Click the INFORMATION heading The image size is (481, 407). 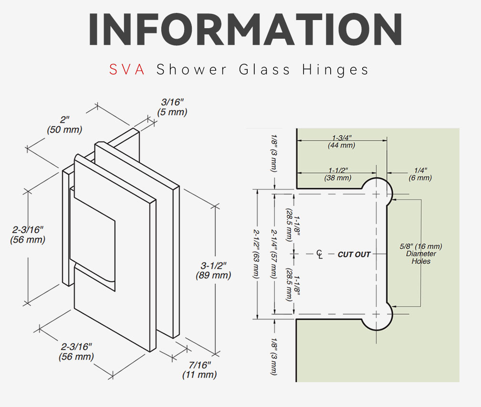coord(245,30)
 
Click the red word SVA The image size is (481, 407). coord(127,69)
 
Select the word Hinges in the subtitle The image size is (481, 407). coord(335,70)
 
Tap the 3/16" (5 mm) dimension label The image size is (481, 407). coord(172,107)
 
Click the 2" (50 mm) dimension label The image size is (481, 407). coord(64,124)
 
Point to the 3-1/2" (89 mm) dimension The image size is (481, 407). coord(213,270)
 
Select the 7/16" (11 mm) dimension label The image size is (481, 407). coord(199,370)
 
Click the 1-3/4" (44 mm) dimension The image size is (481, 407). coord(342,141)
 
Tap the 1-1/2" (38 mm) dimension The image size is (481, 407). coord(338,174)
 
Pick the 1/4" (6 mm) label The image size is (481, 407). coord(420,174)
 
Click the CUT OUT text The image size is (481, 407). coord(354,254)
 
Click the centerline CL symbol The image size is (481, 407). coord(320,254)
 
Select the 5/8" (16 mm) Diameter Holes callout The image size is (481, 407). coord(421,254)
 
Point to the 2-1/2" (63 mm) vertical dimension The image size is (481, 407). coord(256,254)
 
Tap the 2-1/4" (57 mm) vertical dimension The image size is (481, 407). coord(274,254)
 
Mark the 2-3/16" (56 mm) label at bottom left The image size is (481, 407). coord(76,352)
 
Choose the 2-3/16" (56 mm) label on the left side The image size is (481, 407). coord(28,235)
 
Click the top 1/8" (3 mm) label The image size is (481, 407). coord(273,153)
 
